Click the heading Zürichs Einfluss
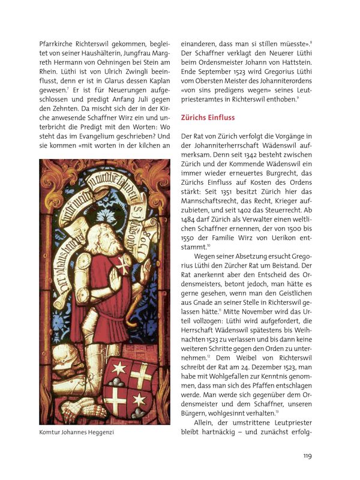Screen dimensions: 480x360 [x=208, y=118]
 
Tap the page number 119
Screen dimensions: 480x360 [x=307, y=456]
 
